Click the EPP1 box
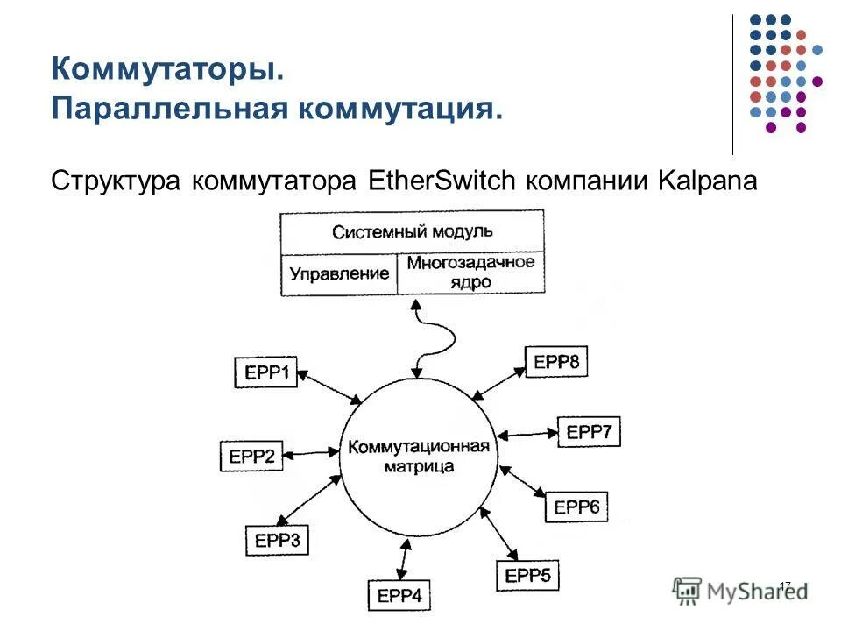pyautogui.click(x=266, y=372)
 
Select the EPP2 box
pyautogui.click(x=251, y=456)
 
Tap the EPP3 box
pyautogui.click(x=277, y=542)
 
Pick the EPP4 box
pyautogui.click(x=399, y=596)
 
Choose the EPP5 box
pyautogui.click(x=527, y=575)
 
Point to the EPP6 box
pyautogui.click(x=576, y=507)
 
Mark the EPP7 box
pyautogui.click(x=589, y=431)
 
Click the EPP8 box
pyautogui.click(x=556, y=361)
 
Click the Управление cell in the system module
pyautogui.click(x=339, y=274)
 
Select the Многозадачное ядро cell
pyautogui.click(x=470, y=273)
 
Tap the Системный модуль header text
pyautogui.click(x=412, y=233)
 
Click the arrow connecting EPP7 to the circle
pyautogui.click(x=527, y=433)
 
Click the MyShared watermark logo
pyautogui.click(x=740, y=590)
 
